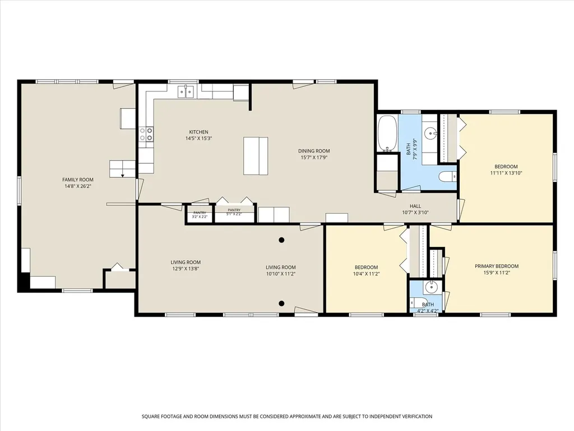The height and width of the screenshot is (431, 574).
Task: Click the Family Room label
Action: tap(77, 180)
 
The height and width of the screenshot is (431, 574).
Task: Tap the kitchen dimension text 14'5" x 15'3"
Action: tap(199, 139)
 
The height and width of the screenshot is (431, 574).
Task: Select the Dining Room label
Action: tap(314, 150)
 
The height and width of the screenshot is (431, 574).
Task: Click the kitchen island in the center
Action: tap(256, 156)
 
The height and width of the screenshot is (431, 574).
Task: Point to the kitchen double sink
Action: tap(186, 91)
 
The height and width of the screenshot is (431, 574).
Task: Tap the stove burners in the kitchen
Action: tap(146, 134)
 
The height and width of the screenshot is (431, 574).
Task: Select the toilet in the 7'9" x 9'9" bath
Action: tap(447, 177)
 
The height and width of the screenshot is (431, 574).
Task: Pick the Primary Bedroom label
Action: tap(497, 266)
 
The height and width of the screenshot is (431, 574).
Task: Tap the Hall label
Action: tap(415, 206)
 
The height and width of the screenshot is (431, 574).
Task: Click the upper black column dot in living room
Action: tap(281, 240)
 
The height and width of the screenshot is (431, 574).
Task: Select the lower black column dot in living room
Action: tap(281, 303)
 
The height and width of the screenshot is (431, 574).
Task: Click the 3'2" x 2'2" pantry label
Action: tap(200, 215)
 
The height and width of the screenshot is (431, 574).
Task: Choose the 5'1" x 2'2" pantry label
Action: tap(234, 212)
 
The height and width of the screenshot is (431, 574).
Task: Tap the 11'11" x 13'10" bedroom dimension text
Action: tap(506, 173)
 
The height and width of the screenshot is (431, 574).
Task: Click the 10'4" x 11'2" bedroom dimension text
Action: tap(366, 273)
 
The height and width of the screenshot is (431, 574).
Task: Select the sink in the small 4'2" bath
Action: tap(431, 287)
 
